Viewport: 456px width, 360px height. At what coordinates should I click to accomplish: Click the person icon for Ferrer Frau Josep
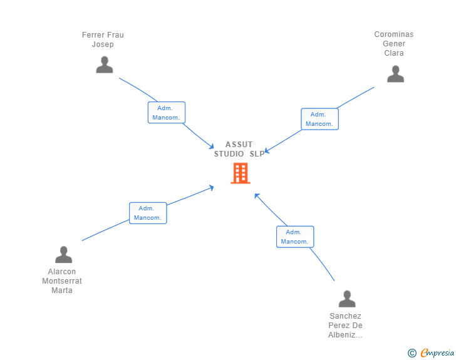pyautogui.click(x=105, y=64)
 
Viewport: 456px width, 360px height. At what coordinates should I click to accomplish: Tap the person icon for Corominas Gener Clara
pyautogui.click(x=395, y=74)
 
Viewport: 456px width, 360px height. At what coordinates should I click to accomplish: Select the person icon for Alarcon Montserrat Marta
pyautogui.click(x=64, y=254)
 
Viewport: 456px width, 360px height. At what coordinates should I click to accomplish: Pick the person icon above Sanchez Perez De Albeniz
pyautogui.click(x=347, y=299)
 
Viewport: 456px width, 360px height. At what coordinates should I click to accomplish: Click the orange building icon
pyautogui.click(x=241, y=173)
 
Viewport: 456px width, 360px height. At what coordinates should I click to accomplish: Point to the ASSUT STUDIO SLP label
pyautogui.click(x=239, y=149)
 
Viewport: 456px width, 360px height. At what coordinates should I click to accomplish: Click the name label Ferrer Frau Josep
pyautogui.click(x=103, y=39)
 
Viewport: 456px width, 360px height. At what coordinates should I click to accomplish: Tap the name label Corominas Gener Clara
pyautogui.click(x=394, y=44)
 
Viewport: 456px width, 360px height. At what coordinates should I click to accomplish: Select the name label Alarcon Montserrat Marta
pyautogui.click(x=62, y=281)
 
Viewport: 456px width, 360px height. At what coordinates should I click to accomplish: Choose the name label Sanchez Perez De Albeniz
pyautogui.click(x=345, y=326)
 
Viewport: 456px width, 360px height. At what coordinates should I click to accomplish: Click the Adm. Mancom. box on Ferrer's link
pyautogui.click(x=167, y=113)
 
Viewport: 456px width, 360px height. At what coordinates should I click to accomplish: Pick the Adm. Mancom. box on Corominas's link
pyautogui.click(x=319, y=119)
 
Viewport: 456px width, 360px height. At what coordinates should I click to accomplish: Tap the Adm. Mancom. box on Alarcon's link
pyautogui.click(x=148, y=213)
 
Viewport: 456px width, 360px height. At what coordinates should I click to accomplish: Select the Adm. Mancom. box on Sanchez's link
pyautogui.click(x=295, y=237)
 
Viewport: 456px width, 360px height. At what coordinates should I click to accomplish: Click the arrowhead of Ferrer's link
pyautogui.click(x=212, y=147)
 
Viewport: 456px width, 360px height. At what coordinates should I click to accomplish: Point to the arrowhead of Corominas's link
pyautogui.click(x=266, y=151)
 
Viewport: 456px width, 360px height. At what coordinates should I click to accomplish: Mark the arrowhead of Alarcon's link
pyautogui.click(x=212, y=187)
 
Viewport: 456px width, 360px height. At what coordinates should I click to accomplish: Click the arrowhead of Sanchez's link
pyautogui.click(x=256, y=195)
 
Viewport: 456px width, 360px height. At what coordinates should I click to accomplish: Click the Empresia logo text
pyautogui.click(x=437, y=352)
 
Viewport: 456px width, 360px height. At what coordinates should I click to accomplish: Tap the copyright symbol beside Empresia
pyautogui.click(x=412, y=353)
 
